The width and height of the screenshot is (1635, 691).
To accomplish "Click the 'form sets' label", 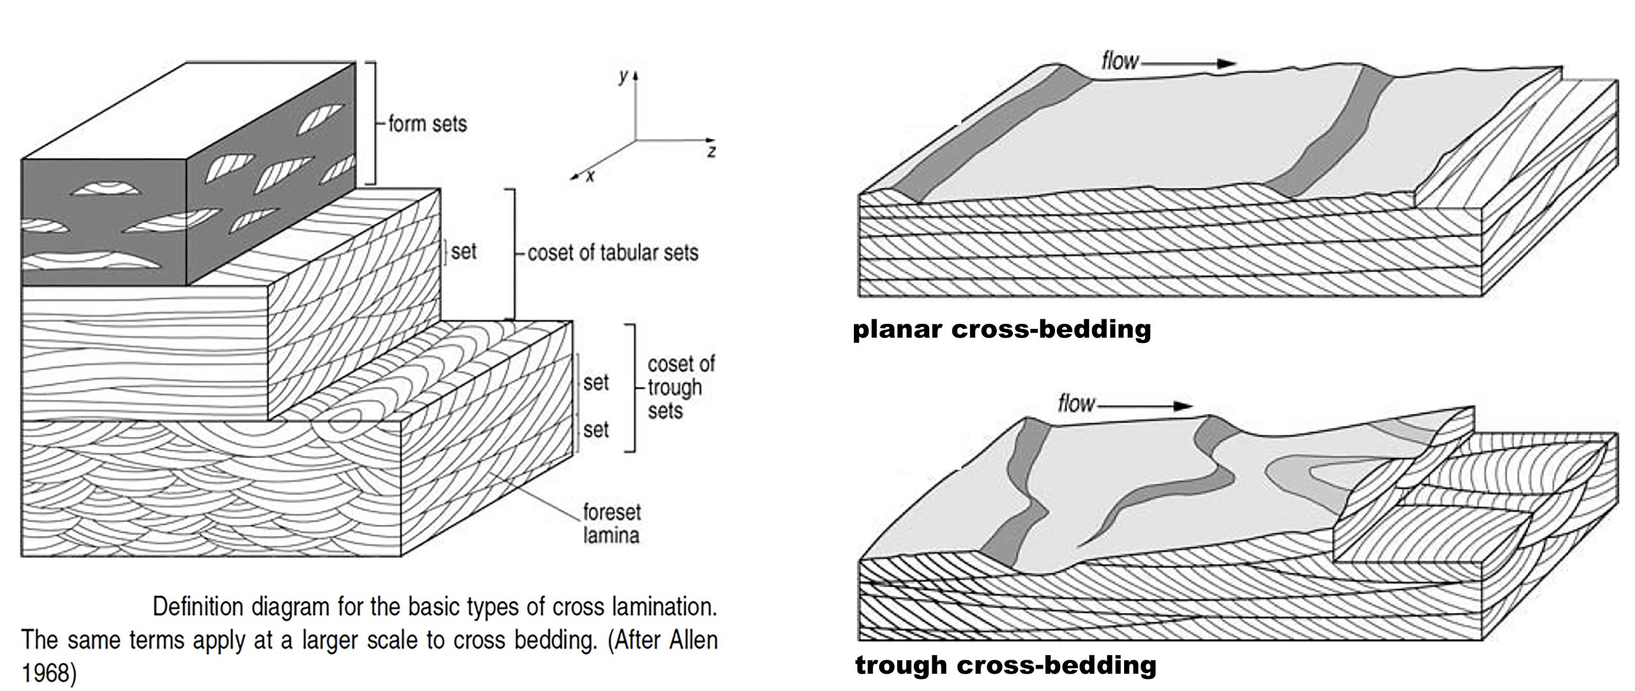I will pos(427,123).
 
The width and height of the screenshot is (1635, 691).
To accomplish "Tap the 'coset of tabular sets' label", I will pos(612,253).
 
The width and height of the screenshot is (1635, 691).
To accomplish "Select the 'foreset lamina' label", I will pos(611,522).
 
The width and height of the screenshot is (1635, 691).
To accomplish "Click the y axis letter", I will pos(623,77).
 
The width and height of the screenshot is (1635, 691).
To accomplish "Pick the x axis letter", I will pos(590,176).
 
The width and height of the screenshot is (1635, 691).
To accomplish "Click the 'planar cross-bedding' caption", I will pos(1001,330).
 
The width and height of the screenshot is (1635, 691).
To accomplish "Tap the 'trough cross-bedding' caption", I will pos(1005,665).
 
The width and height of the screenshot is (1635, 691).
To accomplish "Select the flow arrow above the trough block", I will pos(1144,406).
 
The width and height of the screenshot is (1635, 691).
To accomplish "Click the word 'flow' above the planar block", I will pos(1120,61).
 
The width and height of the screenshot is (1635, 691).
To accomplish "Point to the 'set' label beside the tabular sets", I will pos(464,252).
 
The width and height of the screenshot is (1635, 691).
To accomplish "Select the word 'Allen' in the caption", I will pos(693,640).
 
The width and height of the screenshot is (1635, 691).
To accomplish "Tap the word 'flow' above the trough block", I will pos(1076,404).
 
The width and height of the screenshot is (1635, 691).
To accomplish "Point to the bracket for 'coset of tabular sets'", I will pos(513,253).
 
